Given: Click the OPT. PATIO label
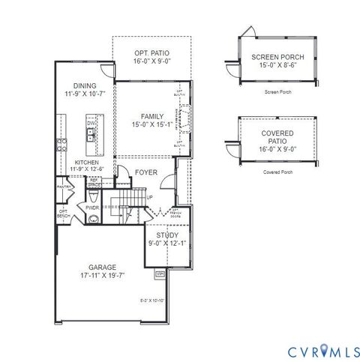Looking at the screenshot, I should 151,53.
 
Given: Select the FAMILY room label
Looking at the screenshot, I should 151,116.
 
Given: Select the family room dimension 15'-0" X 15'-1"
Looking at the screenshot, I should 151,124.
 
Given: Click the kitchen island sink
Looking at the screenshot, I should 90,136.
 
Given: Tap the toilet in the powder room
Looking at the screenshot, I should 93,219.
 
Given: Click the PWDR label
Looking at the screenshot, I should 93,208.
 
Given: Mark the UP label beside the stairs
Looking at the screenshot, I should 150,198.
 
